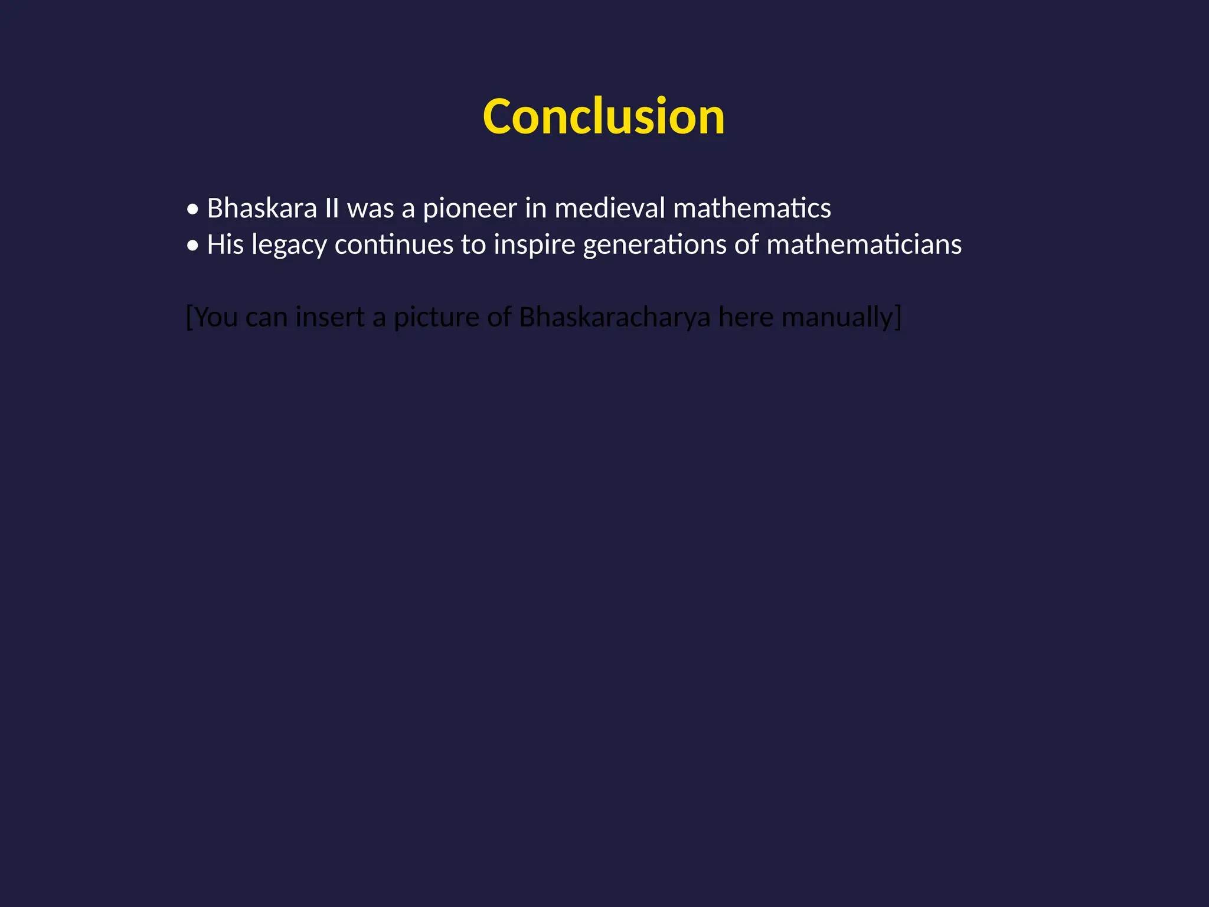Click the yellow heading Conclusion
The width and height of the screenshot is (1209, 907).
click(603, 117)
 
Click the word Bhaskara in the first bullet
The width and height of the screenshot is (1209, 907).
click(262, 208)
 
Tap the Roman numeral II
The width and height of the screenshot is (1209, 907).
click(332, 208)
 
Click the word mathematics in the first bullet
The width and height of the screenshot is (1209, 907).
click(751, 208)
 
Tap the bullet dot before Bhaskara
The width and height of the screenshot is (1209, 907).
click(192, 210)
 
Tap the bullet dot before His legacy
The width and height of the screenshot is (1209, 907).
click(192, 246)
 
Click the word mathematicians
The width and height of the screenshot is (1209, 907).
click(864, 244)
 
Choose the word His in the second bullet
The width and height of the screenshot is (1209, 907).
click(225, 244)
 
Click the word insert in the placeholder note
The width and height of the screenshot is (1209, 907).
click(329, 317)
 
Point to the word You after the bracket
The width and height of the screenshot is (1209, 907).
click(216, 317)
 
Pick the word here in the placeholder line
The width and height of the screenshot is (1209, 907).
click(746, 317)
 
